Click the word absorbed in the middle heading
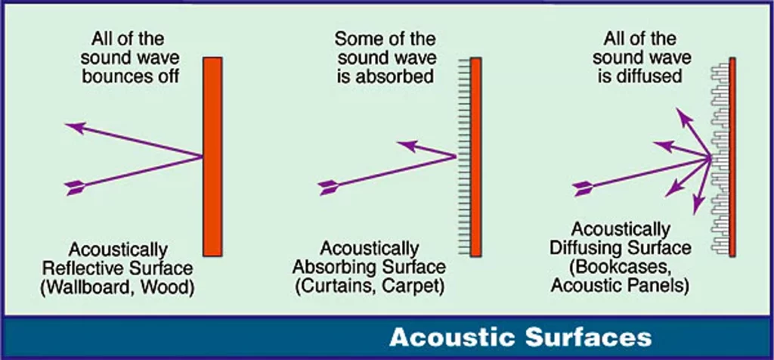click(x=395, y=77)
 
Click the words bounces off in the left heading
click(x=130, y=77)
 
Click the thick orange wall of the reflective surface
click(x=212, y=157)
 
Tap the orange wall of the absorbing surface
click(x=476, y=157)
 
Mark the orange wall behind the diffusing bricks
click(x=732, y=157)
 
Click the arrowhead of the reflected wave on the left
click(x=74, y=127)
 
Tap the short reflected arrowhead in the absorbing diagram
click(x=407, y=146)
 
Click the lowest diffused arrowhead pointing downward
click(x=698, y=204)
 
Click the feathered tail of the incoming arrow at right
click(x=583, y=188)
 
